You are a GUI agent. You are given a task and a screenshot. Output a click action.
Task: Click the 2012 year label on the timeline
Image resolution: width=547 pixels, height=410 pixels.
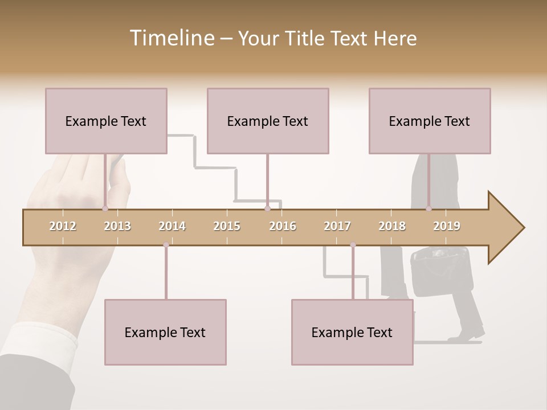point(63,226)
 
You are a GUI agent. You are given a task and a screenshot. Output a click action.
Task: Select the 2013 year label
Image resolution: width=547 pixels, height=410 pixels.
point(117,226)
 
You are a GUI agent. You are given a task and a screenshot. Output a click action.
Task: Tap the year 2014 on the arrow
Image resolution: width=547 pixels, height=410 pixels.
point(172,226)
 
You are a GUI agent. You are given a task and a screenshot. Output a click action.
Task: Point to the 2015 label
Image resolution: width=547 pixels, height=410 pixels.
point(227,226)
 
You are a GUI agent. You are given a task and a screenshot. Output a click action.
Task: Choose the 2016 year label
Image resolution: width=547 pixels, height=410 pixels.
point(283,226)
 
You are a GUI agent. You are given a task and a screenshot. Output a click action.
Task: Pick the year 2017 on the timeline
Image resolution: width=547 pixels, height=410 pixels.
point(337,226)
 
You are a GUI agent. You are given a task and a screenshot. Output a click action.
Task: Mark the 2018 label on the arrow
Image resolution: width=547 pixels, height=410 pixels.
point(392,226)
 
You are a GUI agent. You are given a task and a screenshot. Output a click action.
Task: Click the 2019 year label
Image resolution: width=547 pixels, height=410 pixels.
point(447,226)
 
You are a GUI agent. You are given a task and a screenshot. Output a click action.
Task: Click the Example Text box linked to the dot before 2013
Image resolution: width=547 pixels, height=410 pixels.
point(106,121)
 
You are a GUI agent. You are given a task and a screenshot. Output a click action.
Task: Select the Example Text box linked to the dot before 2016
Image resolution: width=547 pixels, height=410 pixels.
point(268,121)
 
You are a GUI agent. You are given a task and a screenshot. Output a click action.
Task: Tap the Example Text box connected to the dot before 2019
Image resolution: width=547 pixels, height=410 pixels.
point(430,121)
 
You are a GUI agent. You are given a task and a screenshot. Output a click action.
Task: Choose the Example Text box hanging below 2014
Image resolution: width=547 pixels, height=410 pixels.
point(165,332)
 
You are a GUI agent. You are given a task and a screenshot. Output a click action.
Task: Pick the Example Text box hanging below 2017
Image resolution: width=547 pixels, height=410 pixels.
point(352,332)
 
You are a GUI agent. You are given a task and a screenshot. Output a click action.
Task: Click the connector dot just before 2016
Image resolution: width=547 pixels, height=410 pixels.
point(268,209)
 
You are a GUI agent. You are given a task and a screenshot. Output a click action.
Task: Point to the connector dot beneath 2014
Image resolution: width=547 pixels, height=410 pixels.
point(166,245)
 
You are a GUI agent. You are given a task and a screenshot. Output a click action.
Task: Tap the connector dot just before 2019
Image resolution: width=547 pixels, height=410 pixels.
point(429,209)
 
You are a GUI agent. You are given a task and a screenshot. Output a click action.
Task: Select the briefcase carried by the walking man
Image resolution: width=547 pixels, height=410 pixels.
point(432,270)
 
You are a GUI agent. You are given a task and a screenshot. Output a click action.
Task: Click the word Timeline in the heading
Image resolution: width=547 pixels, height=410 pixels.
point(171,38)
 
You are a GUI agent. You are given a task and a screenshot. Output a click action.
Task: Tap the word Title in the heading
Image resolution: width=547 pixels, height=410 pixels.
point(306,38)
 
